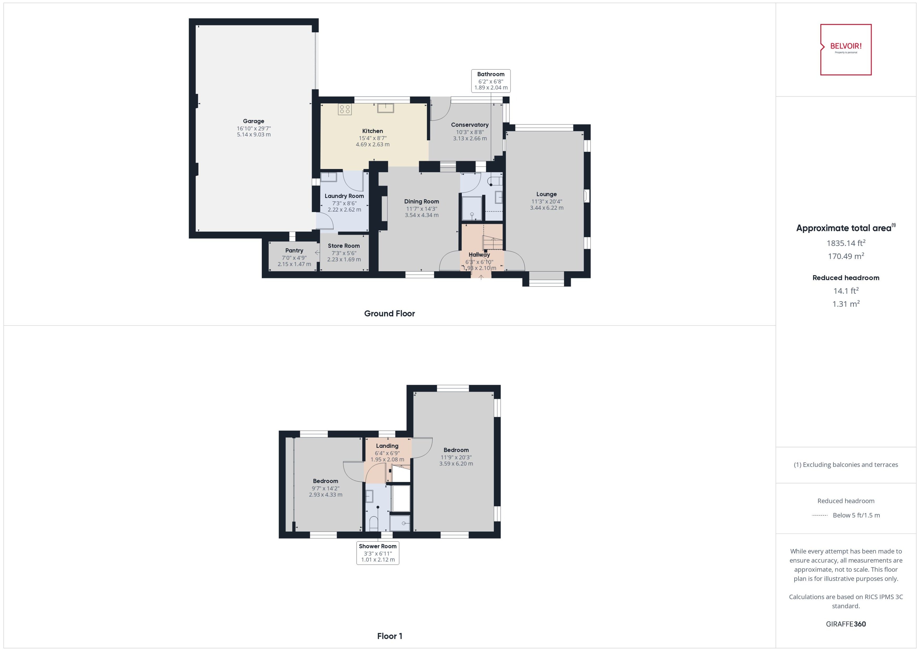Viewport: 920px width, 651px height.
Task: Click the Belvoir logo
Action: click(846, 50)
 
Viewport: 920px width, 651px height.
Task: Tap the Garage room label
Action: click(253, 121)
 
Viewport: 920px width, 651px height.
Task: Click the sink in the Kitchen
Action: click(386, 108)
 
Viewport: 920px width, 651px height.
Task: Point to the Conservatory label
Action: click(470, 125)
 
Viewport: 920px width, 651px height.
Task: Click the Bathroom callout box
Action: click(491, 81)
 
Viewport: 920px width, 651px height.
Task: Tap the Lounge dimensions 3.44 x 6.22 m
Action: click(547, 208)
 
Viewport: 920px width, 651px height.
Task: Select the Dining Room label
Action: click(421, 201)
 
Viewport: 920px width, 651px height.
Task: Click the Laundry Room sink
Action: click(329, 177)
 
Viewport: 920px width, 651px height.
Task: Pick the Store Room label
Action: click(344, 246)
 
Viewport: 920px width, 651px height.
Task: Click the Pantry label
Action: click(294, 250)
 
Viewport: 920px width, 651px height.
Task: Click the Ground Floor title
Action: click(389, 314)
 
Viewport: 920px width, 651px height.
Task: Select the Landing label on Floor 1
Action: click(387, 446)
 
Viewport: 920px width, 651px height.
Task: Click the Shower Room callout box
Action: click(378, 553)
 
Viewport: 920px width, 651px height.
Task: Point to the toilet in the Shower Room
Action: click(374, 524)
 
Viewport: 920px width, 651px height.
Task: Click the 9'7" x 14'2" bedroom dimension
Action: click(325, 488)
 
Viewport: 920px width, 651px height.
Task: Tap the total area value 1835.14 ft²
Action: click(846, 243)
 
